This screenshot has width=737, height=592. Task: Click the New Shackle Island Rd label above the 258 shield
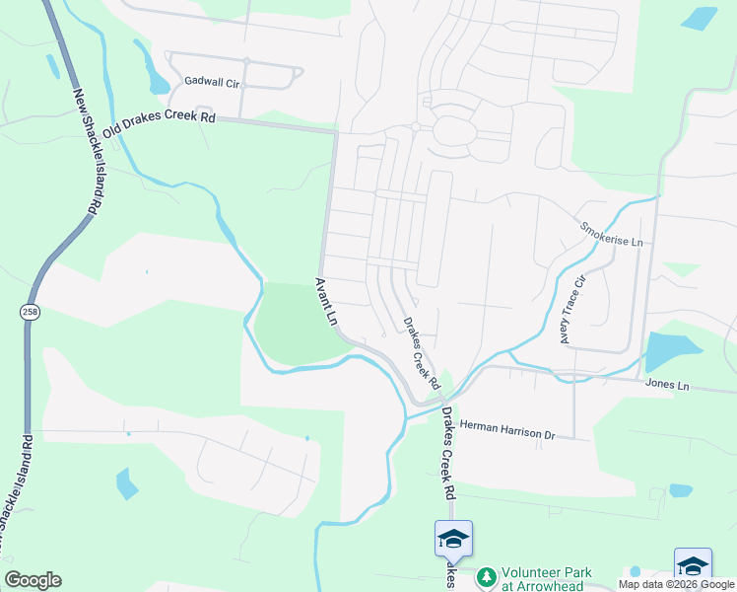pyautogui.click(x=88, y=154)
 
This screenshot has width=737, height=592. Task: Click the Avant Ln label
pyautogui.click(x=326, y=302)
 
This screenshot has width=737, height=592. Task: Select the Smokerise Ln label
pyautogui.click(x=611, y=234)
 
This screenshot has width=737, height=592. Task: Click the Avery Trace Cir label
pyautogui.click(x=572, y=310)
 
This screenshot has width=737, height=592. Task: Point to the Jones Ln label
pyautogui.click(x=667, y=385)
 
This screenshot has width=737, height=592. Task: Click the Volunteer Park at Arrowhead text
pyautogui.click(x=547, y=578)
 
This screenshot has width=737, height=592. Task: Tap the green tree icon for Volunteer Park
pyautogui.click(x=485, y=575)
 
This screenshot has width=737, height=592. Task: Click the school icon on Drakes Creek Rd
pyautogui.click(x=453, y=539)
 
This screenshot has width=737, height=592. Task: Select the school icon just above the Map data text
pyautogui.click(x=693, y=564)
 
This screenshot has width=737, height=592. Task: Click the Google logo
pyautogui.click(x=33, y=580)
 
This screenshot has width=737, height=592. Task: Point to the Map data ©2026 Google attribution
pyautogui.click(x=676, y=585)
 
